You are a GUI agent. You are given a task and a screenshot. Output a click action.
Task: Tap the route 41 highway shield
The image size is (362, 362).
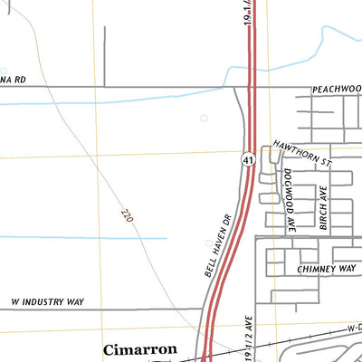(246, 159)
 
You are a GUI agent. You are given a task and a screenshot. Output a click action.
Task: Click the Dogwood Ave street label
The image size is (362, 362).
(289, 202)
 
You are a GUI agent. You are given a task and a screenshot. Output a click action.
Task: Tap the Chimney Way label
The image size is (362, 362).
(327, 270)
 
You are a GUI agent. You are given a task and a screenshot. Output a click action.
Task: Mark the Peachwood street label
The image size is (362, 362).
(337, 90)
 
